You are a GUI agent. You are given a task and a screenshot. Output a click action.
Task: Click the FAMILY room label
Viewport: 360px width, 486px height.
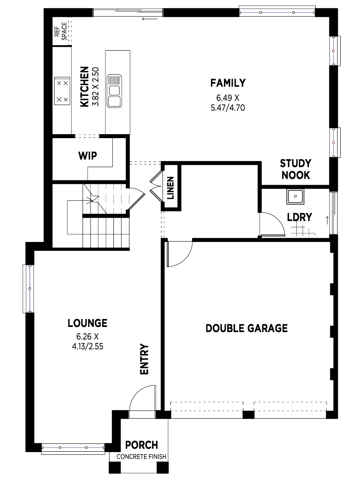[228, 83]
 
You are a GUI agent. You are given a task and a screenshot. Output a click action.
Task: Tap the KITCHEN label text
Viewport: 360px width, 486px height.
[84, 87]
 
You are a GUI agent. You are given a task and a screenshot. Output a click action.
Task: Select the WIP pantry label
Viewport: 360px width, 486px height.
[87, 156]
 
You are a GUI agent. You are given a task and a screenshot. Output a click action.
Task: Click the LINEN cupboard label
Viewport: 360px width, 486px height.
[170, 188]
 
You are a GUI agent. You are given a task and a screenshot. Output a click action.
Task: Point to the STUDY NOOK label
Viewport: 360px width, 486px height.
[296, 169]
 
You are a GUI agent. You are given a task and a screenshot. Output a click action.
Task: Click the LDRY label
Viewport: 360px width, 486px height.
[299, 217]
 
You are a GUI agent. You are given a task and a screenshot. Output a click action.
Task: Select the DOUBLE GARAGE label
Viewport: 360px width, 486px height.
[247, 328]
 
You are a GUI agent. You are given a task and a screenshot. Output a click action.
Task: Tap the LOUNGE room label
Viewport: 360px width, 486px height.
[87, 323]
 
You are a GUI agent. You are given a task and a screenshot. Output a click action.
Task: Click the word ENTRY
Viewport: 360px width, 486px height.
[144, 359]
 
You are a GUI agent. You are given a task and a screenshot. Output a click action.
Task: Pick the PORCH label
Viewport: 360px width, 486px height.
[141, 445]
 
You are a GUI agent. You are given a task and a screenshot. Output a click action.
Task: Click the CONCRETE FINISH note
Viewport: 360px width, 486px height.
[141, 457]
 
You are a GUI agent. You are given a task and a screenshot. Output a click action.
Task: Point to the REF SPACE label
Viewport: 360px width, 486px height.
[60, 31]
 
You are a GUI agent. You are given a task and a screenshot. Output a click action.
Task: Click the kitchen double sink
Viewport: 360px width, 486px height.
[114, 91]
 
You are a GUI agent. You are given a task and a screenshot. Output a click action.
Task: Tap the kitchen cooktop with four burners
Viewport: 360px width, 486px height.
[62, 91]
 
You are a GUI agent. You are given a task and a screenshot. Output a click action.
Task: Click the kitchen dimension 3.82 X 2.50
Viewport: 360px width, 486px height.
[95, 87]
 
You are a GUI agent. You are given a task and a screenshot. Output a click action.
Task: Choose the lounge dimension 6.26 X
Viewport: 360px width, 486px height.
[87, 337]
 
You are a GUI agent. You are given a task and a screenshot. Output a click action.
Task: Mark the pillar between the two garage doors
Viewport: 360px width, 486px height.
[248, 415]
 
